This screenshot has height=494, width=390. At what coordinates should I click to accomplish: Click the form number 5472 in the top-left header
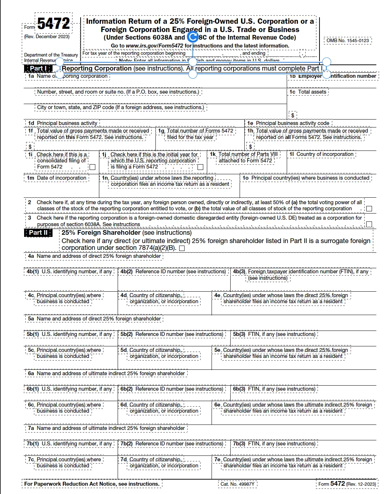53,24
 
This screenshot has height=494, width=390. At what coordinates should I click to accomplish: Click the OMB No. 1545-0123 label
348,40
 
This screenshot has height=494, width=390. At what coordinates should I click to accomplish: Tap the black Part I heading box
38,68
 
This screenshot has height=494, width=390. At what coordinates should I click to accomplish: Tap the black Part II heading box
38,233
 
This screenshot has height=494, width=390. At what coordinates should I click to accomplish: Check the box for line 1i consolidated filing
92,167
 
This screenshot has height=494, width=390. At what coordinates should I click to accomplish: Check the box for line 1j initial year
200,167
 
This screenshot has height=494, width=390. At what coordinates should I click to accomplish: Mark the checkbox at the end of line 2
369,208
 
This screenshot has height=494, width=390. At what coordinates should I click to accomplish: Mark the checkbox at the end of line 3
369,224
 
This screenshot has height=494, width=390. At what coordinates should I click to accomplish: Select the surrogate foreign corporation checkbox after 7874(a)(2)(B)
182,248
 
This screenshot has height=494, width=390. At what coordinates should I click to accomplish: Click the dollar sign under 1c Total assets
292,115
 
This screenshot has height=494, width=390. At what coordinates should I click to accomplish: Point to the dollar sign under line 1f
30,147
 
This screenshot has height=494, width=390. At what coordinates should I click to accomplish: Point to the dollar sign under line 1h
250,147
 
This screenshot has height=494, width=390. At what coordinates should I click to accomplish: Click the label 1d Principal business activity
63,123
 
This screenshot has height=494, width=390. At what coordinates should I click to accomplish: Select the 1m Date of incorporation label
57,178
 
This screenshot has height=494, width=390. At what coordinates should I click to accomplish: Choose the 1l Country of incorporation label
322,154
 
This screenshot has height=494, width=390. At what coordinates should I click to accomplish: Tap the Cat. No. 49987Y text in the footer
237,484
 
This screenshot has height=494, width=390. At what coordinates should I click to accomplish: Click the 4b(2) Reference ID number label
173,271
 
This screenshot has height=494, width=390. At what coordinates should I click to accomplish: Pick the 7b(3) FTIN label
274,444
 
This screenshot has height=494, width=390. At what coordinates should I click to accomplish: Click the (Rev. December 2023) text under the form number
47,36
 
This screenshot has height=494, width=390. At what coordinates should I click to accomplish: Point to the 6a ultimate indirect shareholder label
106,373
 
